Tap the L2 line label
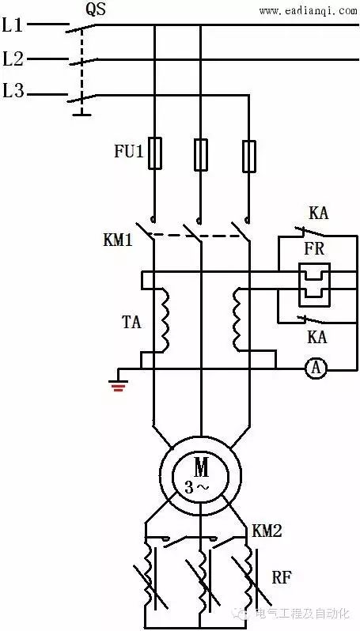(x=13, y=59)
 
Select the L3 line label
(x=13, y=92)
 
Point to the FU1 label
(x=129, y=152)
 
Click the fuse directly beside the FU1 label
(x=155, y=153)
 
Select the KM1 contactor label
(x=118, y=240)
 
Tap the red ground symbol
(x=118, y=386)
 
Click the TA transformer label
(x=131, y=322)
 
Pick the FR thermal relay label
(x=314, y=249)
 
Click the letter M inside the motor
(x=201, y=467)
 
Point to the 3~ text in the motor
(x=197, y=487)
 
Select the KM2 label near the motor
(x=267, y=531)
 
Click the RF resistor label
(x=282, y=578)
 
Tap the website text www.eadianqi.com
(x=308, y=11)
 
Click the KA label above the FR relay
(x=319, y=213)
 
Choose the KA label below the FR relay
(x=317, y=337)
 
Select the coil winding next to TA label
(x=164, y=320)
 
